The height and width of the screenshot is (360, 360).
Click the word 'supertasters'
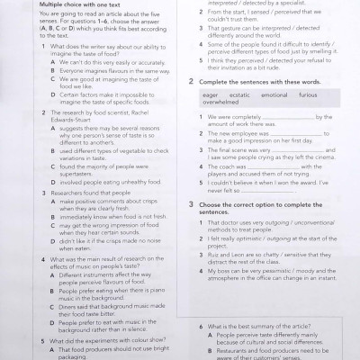tap(55, 175)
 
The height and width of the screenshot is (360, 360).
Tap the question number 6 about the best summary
tap(199, 324)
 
